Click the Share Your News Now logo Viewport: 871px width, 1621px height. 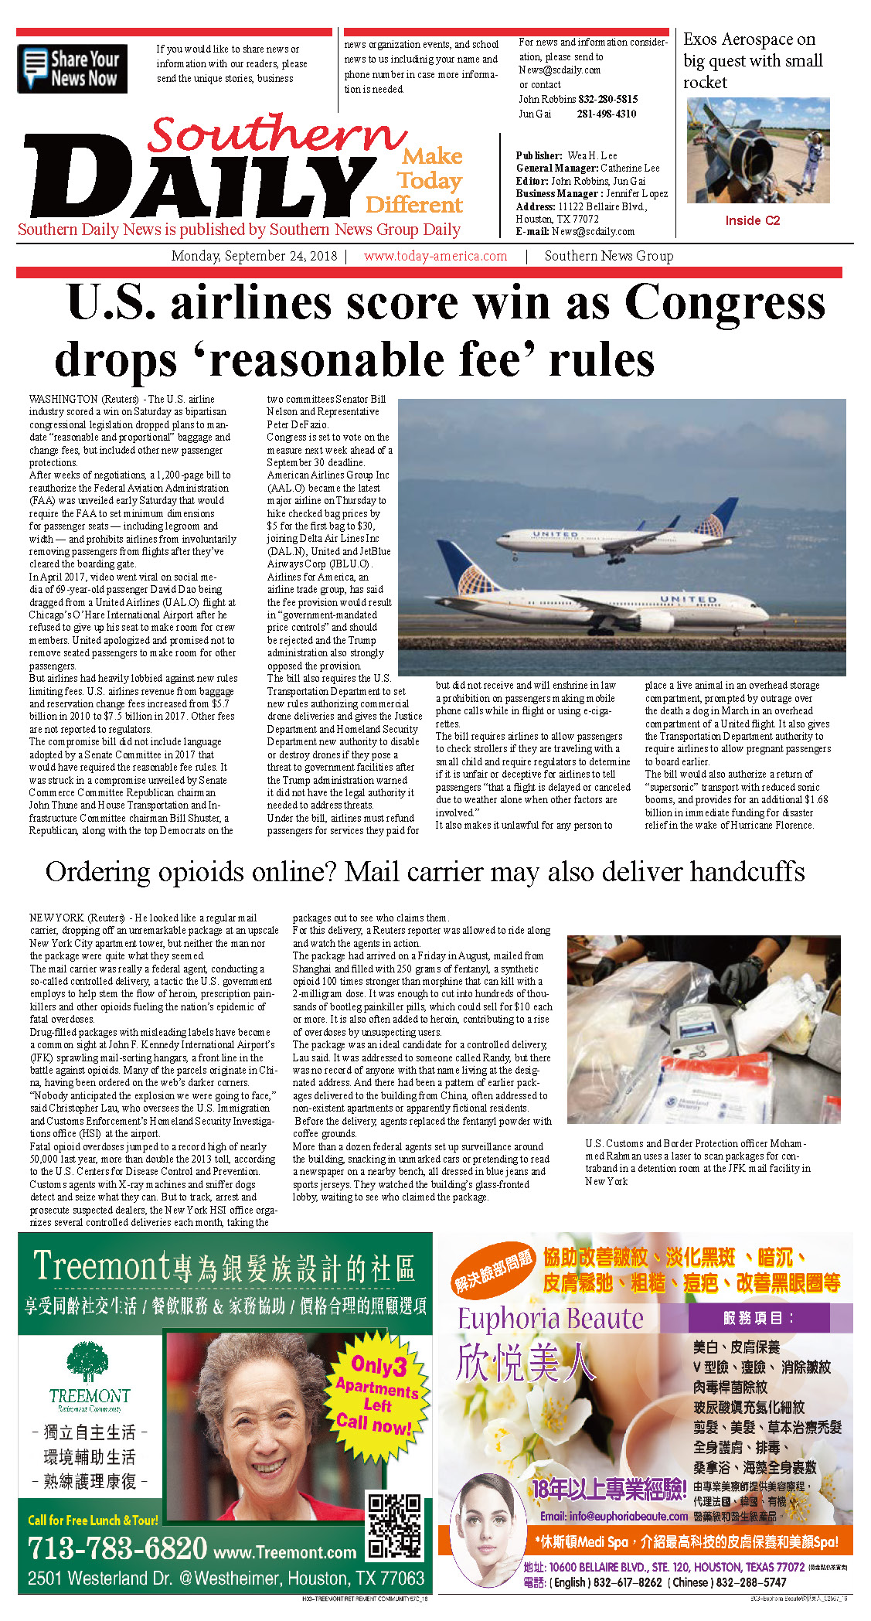pyautogui.click(x=72, y=69)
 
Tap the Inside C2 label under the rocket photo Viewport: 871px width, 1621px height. pyautogui.click(x=752, y=220)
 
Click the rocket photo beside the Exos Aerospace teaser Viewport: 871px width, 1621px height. pyautogui.click(x=757, y=151)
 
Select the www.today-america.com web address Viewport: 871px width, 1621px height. pyautogui.click(x=435, y=256)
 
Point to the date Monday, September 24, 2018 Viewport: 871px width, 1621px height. pyautogui.click(x=253, y=256)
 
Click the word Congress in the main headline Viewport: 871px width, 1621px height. pyautogui.click(x=724, y=302)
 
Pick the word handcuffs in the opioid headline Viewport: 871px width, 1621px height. pyautogui.click(x=747, y=871)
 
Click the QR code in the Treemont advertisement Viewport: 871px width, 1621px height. pyautogui.click(x=395, y=1526)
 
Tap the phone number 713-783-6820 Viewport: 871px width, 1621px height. pyautogui.click(x=117, y=1548)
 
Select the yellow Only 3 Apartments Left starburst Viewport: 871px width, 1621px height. pyautogui.click(x=377, y=1393)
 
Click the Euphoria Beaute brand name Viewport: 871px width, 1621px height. pyautogui.click(x=550, y=1319)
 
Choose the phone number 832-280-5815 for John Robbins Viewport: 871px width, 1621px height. pyautogui.click(x=607, y=99)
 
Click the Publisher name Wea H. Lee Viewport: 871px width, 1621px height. pyautogui.click(x=592, y=155)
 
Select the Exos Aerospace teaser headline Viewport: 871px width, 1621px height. pyautogui.click(x=752, y=61)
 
